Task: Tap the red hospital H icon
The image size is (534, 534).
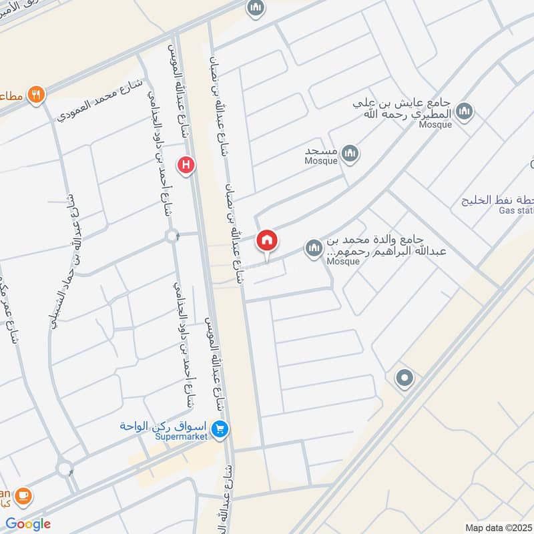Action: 186,164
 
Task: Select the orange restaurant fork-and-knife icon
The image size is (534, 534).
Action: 36,95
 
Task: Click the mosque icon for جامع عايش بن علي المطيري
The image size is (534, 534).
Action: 465,111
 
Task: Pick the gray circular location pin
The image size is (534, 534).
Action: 404,378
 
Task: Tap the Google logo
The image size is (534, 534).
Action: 28,524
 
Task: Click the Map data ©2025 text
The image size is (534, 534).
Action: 499,527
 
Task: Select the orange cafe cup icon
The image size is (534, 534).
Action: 23,496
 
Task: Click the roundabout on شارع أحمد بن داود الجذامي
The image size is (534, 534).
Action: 173,235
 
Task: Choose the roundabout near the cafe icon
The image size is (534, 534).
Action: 65,469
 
